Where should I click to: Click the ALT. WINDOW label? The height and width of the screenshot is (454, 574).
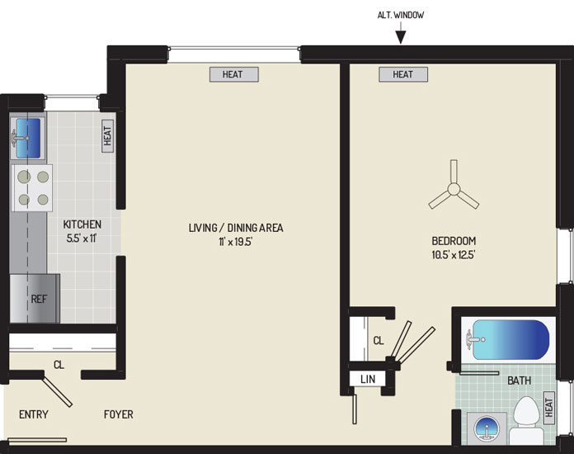pos(401,15)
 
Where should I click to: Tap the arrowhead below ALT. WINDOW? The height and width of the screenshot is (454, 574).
pos(401,37)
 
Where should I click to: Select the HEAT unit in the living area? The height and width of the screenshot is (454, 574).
pos(234,74)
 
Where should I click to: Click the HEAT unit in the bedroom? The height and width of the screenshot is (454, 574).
pos(403,74)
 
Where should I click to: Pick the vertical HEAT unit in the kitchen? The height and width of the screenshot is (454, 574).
pos(107,136)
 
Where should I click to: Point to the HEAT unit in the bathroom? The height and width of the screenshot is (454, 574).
pos(548,408)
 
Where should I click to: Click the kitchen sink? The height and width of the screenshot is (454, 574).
pos(28,138)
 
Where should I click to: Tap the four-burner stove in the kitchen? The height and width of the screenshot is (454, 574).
pos(32,188)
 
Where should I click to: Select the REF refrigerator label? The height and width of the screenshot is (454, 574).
pos(39,299)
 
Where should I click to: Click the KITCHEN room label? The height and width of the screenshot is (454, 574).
pos(82,225)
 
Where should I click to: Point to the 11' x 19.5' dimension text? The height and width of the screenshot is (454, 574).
pos(236,242)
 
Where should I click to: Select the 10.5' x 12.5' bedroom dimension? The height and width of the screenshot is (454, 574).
pos(454,254)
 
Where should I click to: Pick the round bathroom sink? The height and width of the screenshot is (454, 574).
pos(487,428)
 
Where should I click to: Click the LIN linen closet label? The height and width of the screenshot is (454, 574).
pos(368,379)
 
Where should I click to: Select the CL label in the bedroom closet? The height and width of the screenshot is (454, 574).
pos(379,341)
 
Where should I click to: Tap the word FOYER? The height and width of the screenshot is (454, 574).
pos(118,414)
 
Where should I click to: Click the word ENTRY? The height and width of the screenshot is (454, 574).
pos(34,414)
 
